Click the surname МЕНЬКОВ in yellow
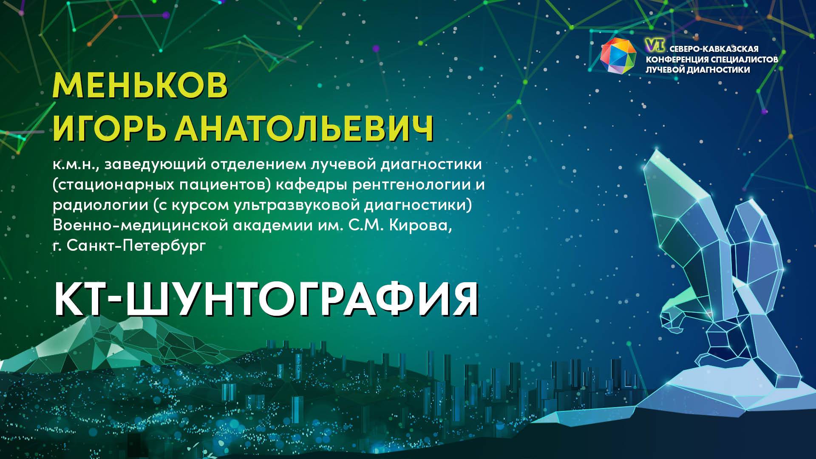tap(140, 86)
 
